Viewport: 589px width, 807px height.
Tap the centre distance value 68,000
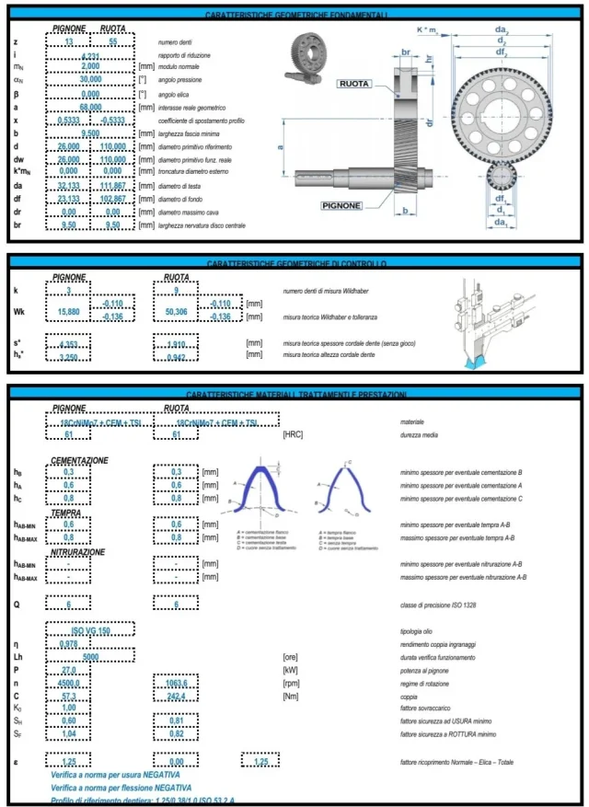(90, 107)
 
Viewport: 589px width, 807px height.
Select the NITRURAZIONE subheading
(84, 552)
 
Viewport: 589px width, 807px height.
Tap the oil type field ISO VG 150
(90, 630)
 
